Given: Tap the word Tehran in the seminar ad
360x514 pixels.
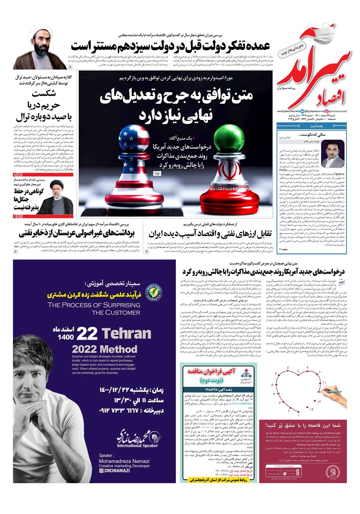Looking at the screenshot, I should tap(126, 334).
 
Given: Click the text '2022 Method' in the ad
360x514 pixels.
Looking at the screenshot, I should tap(104, 349).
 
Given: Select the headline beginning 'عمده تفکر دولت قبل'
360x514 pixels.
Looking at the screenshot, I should tap(170, 46).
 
